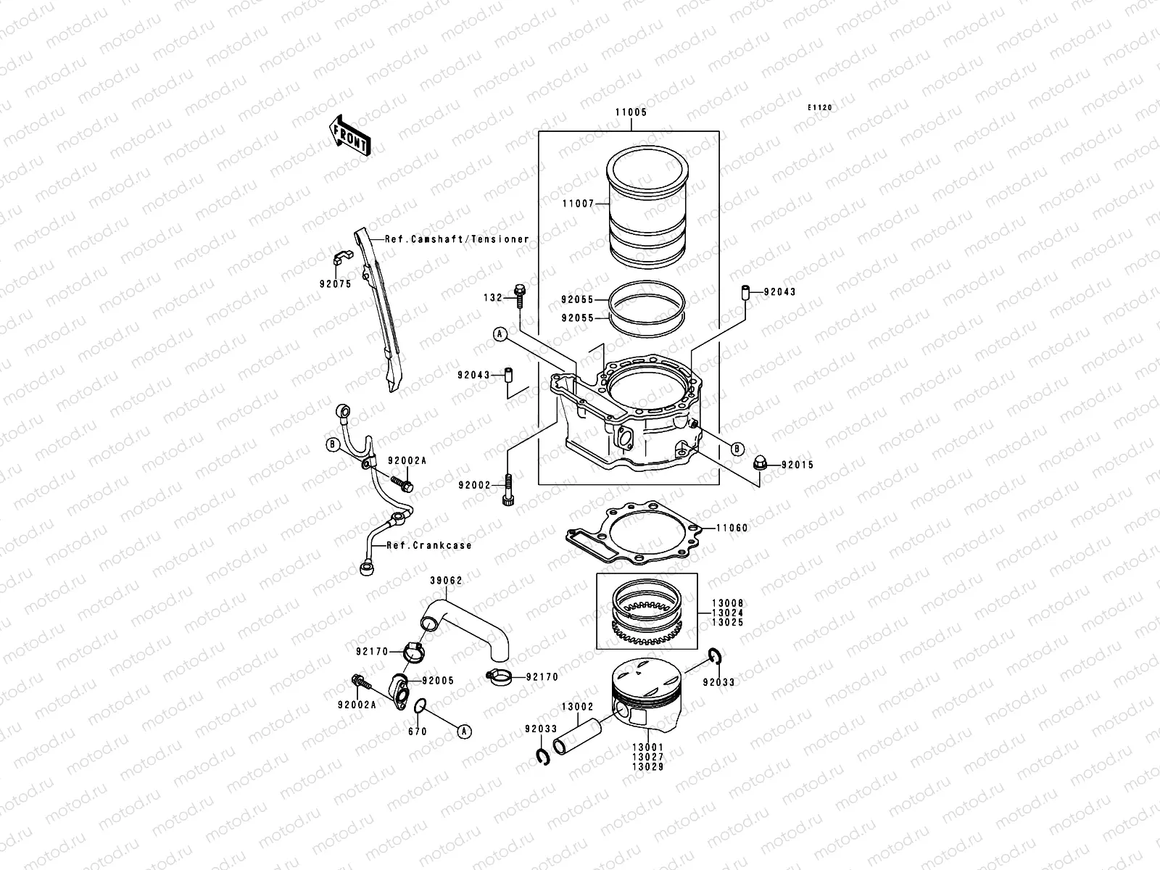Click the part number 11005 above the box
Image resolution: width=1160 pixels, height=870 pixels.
(631, 113)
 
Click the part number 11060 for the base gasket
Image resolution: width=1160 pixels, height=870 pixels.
(732, 529)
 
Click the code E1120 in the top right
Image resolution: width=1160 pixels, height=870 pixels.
(821, 107)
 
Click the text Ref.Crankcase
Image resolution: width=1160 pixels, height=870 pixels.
(428, 545)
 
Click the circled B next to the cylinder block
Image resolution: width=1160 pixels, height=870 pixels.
(737, 449)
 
